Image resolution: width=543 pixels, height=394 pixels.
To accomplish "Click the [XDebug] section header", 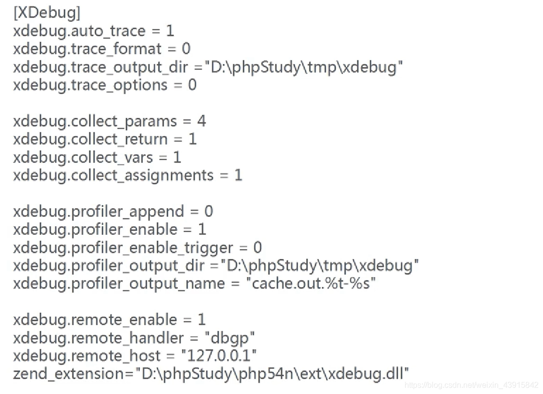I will pyautogui.click(x=46, y=13).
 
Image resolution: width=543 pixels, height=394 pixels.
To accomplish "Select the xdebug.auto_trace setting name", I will pyautogui.click(x=79, y=31).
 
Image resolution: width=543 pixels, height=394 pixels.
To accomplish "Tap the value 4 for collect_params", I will pyautogui.click(x=201, y=121).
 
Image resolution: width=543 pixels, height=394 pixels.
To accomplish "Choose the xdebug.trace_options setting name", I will pyautogui.click(x=90, y=85).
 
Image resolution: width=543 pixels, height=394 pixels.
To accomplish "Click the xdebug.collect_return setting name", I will pyautogui.click(x=90, y=139).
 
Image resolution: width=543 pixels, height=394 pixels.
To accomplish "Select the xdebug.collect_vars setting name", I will pyautogui.click(x=83, y=157).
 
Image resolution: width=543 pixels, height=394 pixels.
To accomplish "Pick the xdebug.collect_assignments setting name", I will pyautogui.click(x=113, y=176).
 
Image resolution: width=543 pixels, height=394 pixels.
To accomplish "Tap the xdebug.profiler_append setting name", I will pyautogui.click(x=98, y=212).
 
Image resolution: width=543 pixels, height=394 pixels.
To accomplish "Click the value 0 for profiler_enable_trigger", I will pyautogui.click(x=257, y=248).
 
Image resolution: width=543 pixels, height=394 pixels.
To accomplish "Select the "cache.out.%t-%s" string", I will pyautogui.click(x=310, y=284).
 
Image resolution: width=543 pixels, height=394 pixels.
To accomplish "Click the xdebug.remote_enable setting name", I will pyautogui.click(x=95, y=320).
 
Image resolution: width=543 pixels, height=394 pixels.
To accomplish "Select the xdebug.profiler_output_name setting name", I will pyautogui.click(x=119, y=284).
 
